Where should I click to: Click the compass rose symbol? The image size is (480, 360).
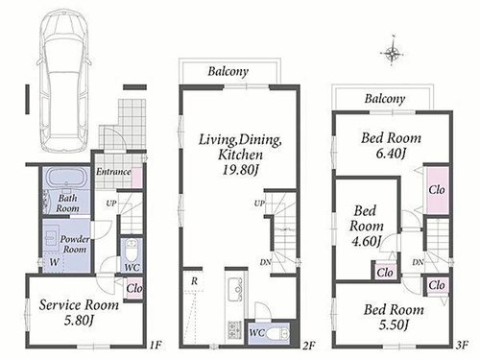coord(393,51)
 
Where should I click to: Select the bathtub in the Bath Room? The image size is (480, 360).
coord(66,178)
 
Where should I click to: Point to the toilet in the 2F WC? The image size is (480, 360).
coord(278,333)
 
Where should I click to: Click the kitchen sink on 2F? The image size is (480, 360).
coord(237,289)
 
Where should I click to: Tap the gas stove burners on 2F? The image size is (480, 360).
coord(234,330)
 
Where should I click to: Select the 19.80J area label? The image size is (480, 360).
coord(240,170)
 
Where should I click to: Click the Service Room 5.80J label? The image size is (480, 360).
coord(79,312)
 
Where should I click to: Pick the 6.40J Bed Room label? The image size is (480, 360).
coord(391,146)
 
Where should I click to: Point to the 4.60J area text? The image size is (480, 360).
coord(366,241)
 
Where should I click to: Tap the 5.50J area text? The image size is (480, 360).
coord(394,325)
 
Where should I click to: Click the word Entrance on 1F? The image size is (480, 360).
coord(113,172)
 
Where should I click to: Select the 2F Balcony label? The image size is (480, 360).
coord(228,71)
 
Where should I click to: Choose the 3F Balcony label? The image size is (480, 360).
coord(385,99)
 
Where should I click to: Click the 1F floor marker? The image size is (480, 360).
coord(156,345)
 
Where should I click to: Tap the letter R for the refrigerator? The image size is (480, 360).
coord(194,281)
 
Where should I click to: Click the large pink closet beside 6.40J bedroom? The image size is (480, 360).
coord(437,190)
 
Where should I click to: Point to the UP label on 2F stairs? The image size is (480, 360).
coord(259,203)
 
